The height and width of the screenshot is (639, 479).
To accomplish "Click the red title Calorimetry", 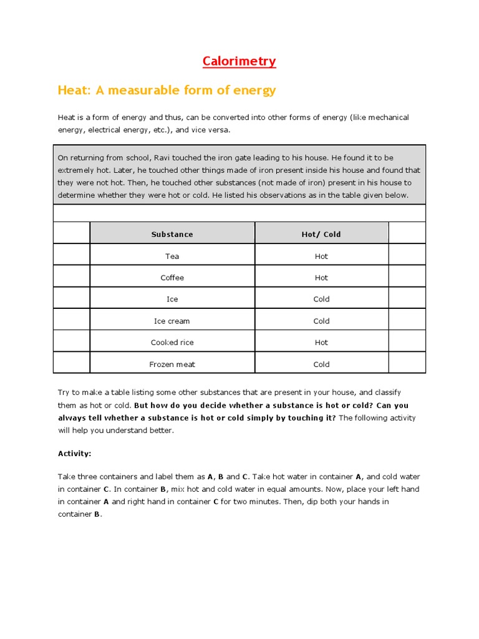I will tap(239, 61).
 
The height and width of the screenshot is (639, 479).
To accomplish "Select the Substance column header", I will tap(172, 235).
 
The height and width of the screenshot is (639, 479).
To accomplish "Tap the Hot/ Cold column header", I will tap(321, 235).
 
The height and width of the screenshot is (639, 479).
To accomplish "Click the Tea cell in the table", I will tap(172, 256).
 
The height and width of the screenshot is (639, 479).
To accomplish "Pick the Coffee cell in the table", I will tap(172, 278).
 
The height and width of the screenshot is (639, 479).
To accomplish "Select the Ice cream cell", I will tap(172, 321).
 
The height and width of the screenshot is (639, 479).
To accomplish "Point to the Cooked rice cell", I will tap(172, 343).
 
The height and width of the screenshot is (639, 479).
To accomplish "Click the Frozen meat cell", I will tap(172, 364).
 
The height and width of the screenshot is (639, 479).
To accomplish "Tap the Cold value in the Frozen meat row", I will tap(321, 364).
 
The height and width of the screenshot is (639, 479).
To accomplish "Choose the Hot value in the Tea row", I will tap(321, 256).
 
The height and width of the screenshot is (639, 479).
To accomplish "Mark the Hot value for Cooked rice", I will tap(321, 343).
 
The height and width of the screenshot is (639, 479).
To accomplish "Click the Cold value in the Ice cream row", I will tap(321, 321).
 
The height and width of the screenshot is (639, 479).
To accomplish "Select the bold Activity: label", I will tap(75, 454).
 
